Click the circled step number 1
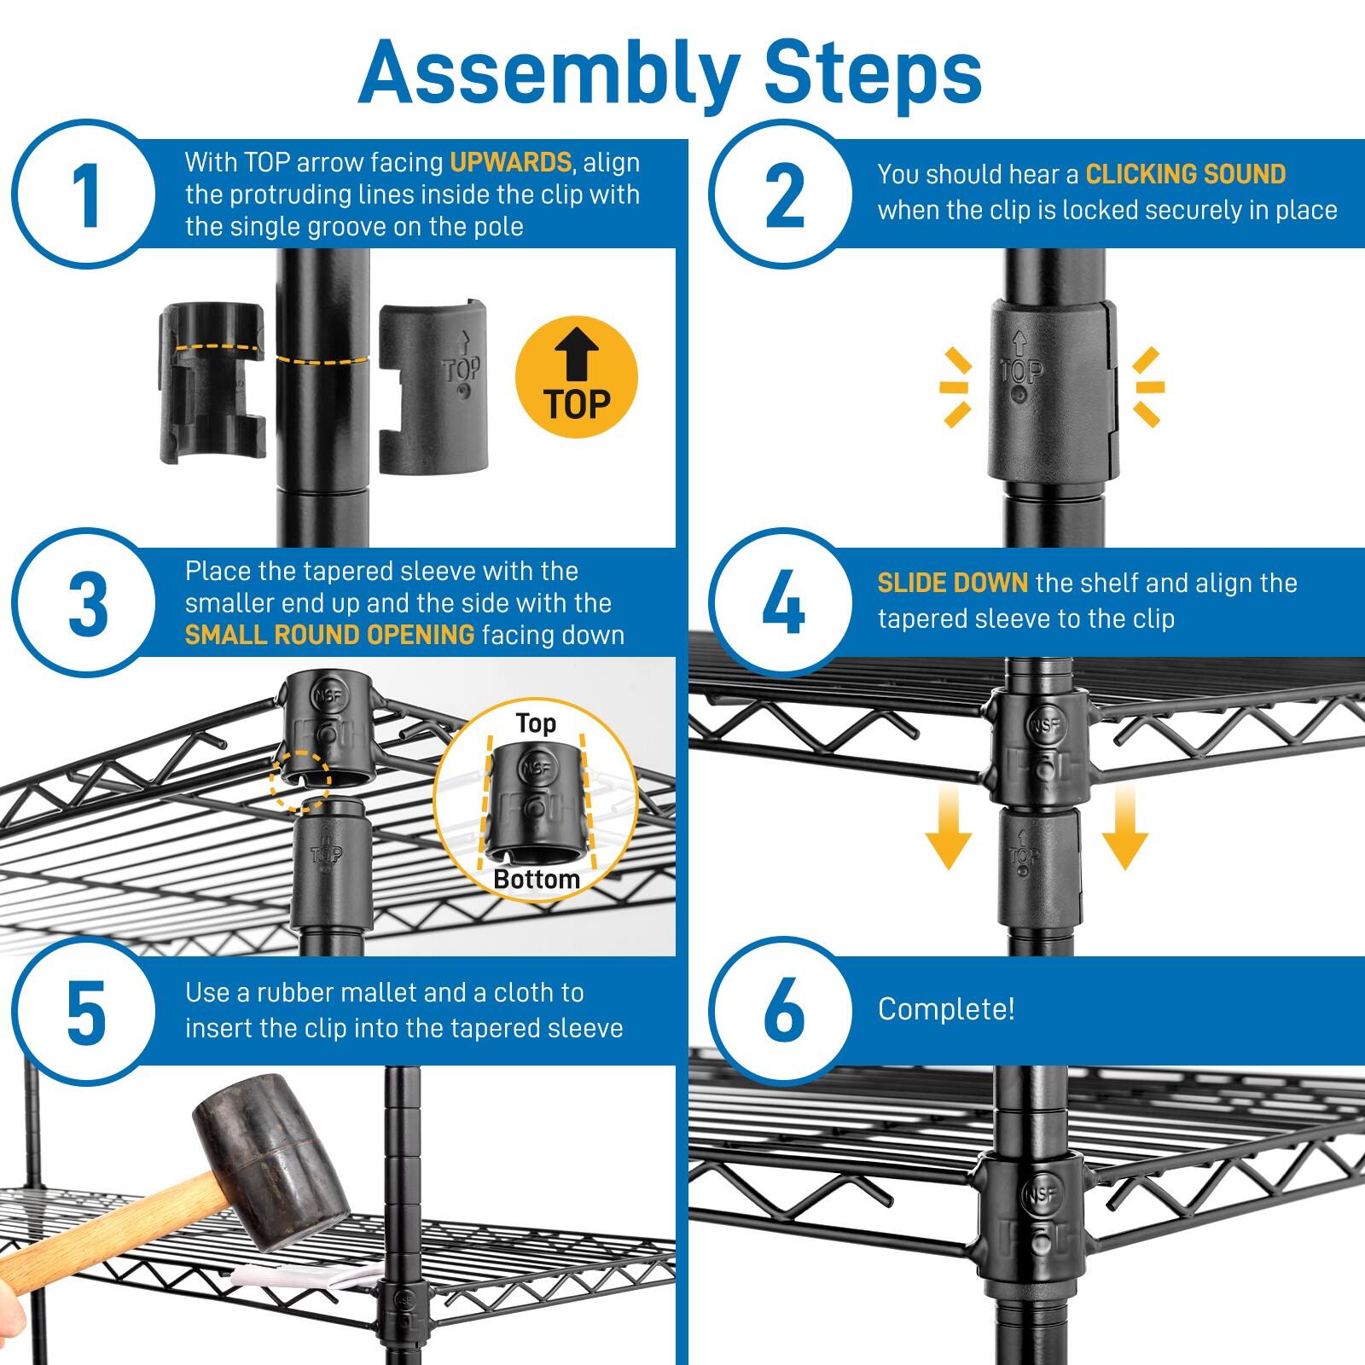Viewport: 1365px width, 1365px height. [84, 194]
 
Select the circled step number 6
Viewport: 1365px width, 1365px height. [783, 1011]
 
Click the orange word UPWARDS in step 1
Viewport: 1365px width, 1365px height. [510, 162]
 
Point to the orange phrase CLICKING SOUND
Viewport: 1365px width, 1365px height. [1185, 174]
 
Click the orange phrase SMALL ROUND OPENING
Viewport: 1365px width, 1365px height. [329, 635]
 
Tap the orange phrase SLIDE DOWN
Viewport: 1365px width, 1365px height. [952, 583]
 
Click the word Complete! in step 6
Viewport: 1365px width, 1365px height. [946, 1009]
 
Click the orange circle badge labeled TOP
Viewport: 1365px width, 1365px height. [577, 376]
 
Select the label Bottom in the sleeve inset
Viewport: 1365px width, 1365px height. [536, 880]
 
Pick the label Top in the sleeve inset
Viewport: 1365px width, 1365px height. [536, 723]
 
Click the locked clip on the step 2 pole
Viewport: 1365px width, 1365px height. [1051, 390]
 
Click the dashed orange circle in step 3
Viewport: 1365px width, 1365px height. [300, 781]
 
